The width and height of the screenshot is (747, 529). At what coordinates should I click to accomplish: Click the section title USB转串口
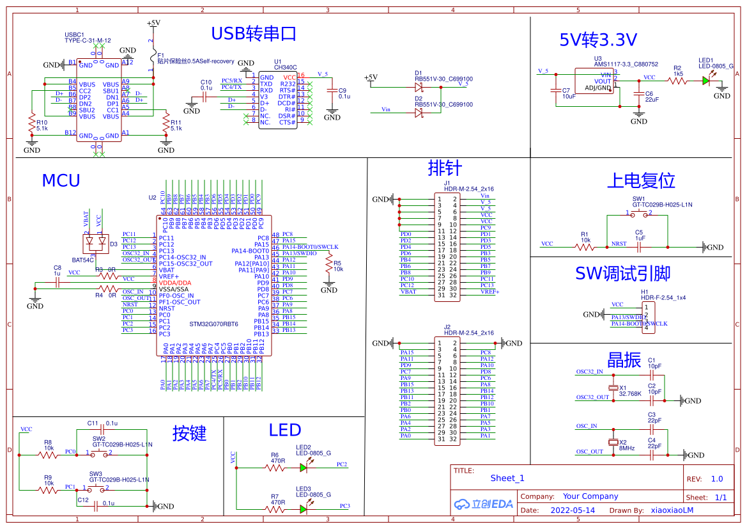click(254, 34)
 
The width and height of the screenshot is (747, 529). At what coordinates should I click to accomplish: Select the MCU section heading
click(61, 181)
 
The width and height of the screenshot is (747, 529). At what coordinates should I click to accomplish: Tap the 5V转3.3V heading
click(598, 40)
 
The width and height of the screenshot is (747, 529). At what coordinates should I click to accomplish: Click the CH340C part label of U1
click(285, 67)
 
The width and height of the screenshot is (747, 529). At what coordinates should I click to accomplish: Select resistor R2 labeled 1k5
click(677, 81)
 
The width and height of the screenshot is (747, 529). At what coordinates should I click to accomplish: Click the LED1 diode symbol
click(705, 81)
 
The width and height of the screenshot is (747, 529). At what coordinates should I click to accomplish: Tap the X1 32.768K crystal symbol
click(614, 388)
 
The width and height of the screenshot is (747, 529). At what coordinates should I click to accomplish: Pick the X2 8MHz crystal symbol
click(614, 443)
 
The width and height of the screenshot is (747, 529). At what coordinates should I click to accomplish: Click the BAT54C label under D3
click(83, 260)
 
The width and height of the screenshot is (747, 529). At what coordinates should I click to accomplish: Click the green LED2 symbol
click(304, 468)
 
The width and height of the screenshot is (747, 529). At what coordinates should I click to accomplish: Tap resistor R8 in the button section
click(48, 455)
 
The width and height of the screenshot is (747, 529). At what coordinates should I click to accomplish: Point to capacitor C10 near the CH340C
click(204, 97)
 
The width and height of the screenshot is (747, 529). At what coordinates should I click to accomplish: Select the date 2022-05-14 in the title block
click(573, 510)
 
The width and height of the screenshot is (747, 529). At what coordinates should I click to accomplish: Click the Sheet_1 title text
click(507, 478)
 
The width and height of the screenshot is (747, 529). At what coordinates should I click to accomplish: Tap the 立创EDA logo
click(484, 504)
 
